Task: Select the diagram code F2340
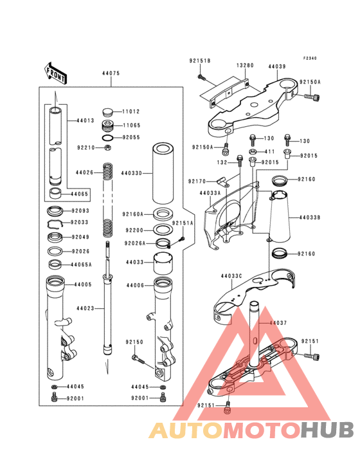(x=310, y=59)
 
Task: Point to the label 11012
(x=132, y=111)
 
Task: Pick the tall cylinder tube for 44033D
(x=168, y=172)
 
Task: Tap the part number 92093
(x=80, y=210)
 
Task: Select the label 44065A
(x=82, y=264)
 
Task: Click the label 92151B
(x=200, y=60)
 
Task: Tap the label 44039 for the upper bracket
(x=277, y=66)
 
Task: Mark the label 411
(x=270, y=151)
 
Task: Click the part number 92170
(x=197, y=181)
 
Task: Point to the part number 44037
(x=277, y=322)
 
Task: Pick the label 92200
(x=134, y=230)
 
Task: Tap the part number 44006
(x=135, y=284)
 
